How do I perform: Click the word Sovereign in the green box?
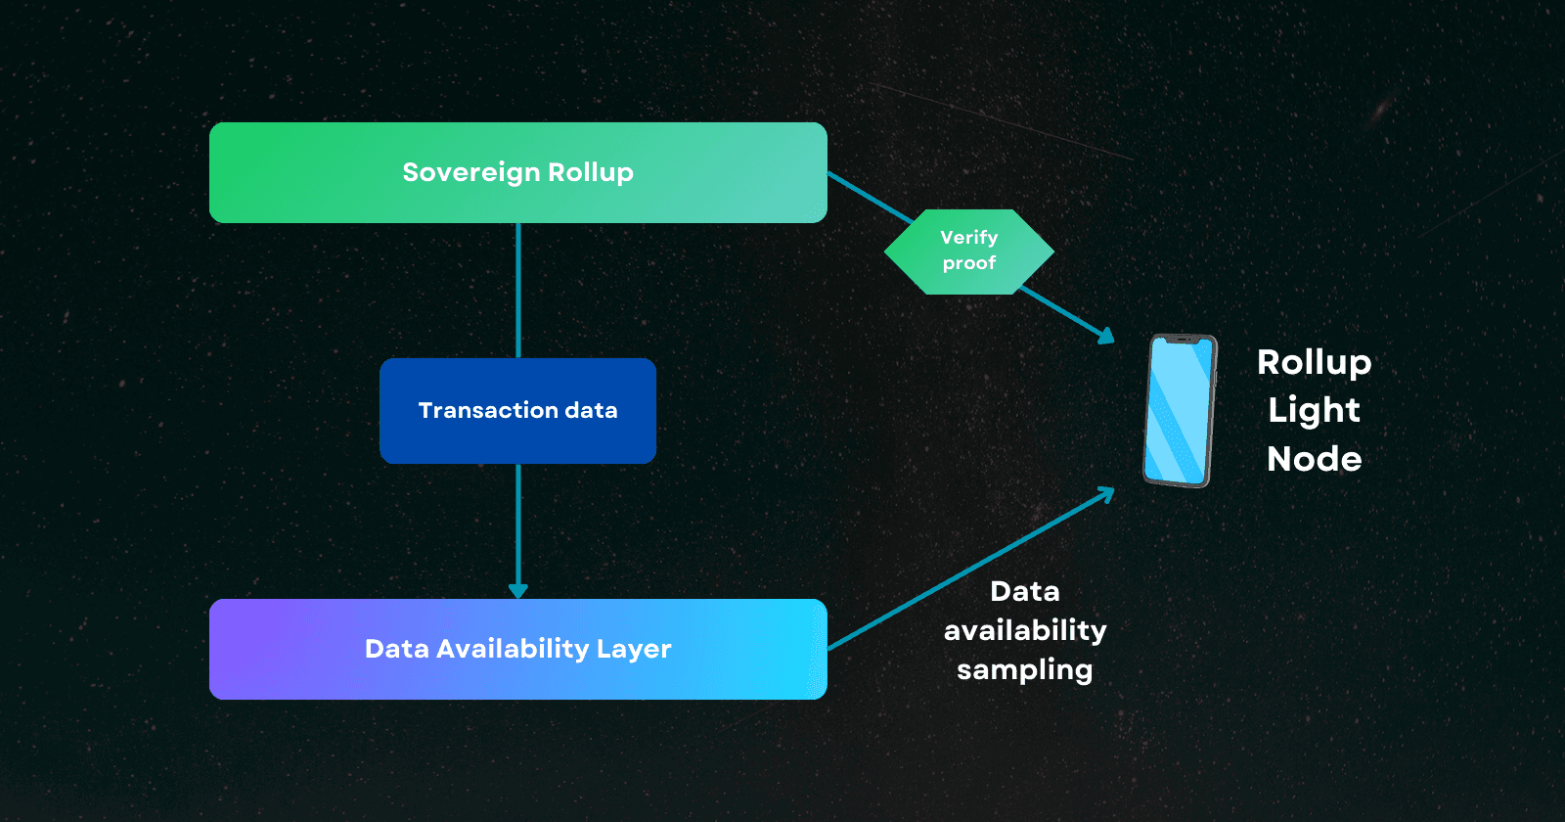[x=471, y=172]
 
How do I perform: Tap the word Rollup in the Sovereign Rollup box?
[x=591, y=172]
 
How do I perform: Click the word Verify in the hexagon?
[x=968, y=238]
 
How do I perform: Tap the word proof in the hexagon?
[x=968, y=263]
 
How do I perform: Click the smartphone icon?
[x=1180, y=411]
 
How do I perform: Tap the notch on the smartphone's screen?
[x=1184, y=341]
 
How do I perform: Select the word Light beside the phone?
[x=1314, y=410]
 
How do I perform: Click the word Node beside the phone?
[x=1314, y=458]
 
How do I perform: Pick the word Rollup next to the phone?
[x=1314, y=362]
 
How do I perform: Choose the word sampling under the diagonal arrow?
[x=1024, y=670]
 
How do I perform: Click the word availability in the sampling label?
[x=1024, y=630]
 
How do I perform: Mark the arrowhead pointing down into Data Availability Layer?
[x=518, y=590]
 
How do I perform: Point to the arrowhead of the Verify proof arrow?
[x=1106, y=336]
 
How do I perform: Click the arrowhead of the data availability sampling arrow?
[x=1106, y=494]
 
